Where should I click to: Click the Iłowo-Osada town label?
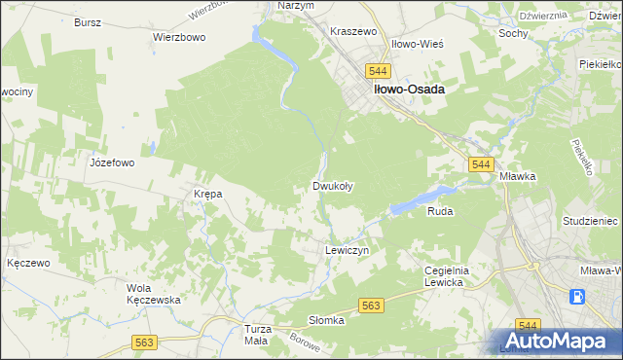[x=407, y=90]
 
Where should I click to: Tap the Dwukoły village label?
[x=333, y=186]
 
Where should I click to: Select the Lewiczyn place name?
[x=345, y=250]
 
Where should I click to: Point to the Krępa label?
[x=208, y=194]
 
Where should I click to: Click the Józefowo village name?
[x=111, y=163]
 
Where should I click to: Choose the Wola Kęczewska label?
[x=155, y=294]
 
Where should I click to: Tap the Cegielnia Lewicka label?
[x=448, y=276]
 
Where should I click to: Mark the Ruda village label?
[x=440, y=210]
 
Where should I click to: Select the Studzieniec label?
[x=591, y=222]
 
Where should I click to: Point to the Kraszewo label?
[x=352, y=32]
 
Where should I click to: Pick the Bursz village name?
[x=89, y=21]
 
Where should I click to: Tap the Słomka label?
[x=327, y=320]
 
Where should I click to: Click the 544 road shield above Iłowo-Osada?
[x=379, y=71]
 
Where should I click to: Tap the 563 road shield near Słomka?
[x=370, y=306]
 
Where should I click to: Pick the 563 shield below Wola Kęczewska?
[x=145, y=342]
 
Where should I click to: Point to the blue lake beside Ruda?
[x=421, y=199]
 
